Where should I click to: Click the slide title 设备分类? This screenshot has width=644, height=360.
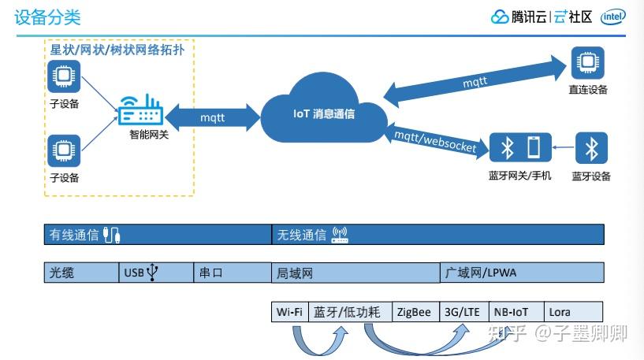47,17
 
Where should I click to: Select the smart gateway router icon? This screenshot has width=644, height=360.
140,110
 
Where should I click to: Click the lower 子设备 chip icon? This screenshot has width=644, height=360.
63,150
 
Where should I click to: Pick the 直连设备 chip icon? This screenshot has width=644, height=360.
587,63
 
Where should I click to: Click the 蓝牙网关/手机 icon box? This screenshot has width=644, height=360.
520,148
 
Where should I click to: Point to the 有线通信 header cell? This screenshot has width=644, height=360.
158,234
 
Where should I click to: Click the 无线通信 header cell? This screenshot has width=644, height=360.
437,234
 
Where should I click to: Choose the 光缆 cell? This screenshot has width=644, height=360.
80,273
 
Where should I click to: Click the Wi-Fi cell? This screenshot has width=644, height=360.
289,311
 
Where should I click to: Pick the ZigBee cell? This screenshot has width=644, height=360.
415,311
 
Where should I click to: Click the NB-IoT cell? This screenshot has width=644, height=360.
510,311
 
